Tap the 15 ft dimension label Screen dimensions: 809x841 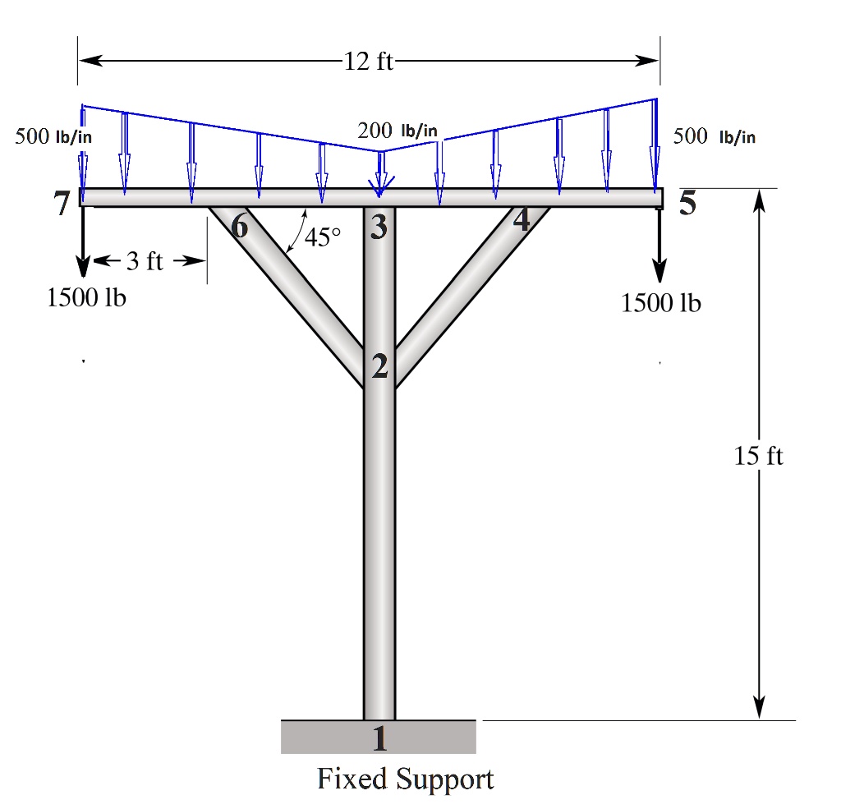coord(759,456)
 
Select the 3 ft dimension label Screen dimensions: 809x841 coord(145,262)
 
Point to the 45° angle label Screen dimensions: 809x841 coord(321,238)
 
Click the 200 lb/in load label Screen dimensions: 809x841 coord(398,131)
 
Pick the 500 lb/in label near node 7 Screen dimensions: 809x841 coord(53,136)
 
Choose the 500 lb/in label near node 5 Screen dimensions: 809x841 coord(714,136)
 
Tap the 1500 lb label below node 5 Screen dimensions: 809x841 coord(661,303)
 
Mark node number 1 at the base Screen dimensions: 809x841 coord(379,739)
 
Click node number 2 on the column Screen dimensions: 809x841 coord(379,367)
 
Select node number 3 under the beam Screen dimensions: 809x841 coord(378,226)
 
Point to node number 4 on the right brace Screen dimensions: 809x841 coord(521,219)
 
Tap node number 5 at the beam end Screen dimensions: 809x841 coord(687,203)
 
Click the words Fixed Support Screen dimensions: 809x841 coord(406,778)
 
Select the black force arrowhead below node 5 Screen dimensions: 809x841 coord(659,273)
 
